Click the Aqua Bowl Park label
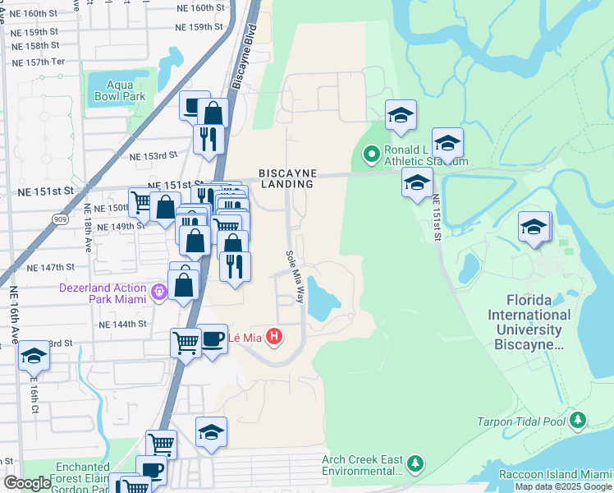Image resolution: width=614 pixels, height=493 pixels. pos(126,90)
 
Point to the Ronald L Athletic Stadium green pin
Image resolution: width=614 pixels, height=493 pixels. pos(371,153)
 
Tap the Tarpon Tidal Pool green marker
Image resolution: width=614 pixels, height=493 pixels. pos(578,422)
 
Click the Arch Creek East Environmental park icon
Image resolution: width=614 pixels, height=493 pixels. pos(415,464)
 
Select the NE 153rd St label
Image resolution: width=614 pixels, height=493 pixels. pos(153,155)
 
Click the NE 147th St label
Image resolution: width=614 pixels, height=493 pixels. pos(50,267)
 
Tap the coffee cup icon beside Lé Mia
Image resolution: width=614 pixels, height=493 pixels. pos(213,340)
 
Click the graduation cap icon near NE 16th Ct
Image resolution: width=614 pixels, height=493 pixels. pos(34,356)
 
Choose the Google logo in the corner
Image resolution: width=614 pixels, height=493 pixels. pos(27,483)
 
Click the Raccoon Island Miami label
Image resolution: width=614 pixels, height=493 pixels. pos(556,475)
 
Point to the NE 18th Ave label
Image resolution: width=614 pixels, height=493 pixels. pos(87,236)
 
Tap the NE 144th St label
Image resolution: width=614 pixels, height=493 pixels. pos(122,325)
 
